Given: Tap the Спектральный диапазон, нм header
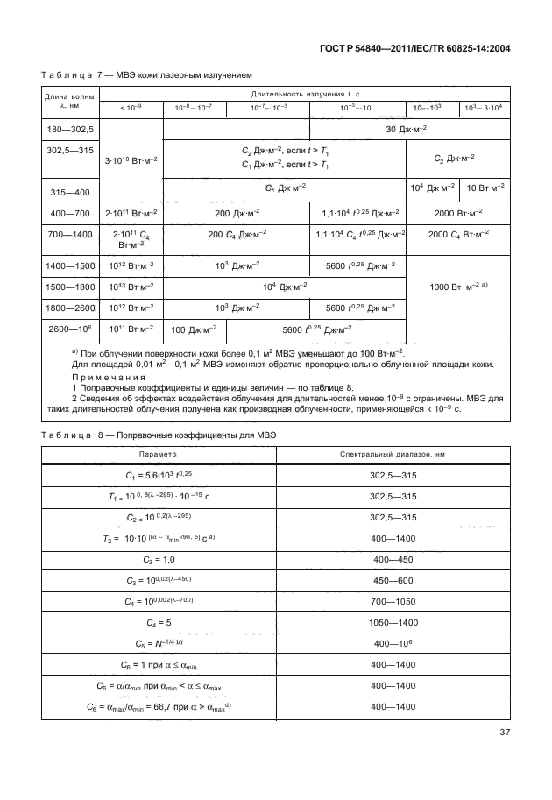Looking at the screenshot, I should coord(392,455).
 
